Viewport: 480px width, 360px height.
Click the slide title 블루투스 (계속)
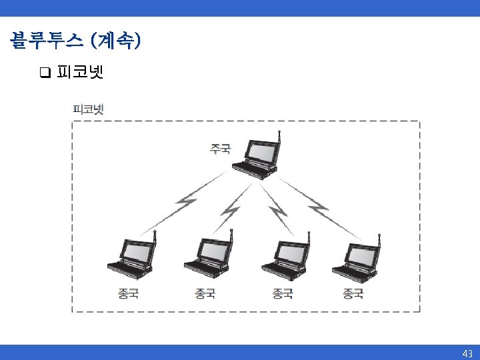coord(75,41)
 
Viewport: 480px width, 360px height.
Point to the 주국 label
coord(221,148)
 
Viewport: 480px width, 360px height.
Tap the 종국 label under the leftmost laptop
coord(128,293)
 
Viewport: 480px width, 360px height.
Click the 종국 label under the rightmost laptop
coord(353,293)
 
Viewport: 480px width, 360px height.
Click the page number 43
coord(467,353)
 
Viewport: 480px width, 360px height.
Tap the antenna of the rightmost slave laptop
coord(379,238)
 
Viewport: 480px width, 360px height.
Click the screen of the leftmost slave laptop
coord(138,250)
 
